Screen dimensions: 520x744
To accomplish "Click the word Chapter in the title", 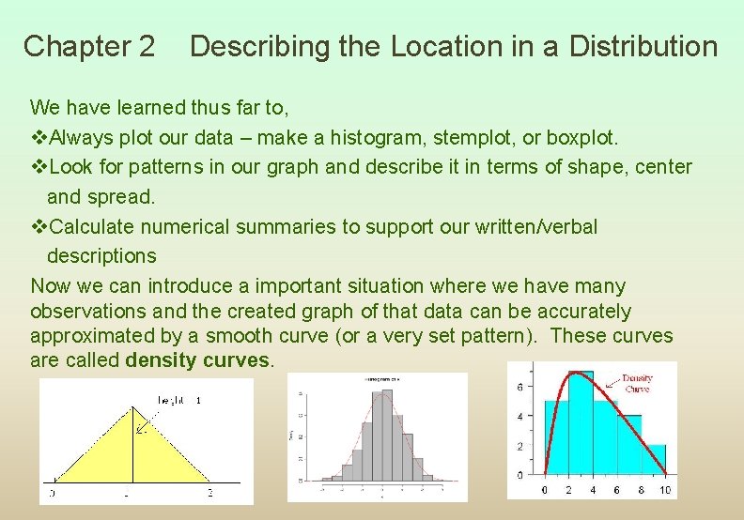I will tap(63, 46).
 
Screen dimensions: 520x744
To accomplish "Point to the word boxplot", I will tap(580, 138).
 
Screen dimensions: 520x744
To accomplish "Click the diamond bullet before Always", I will tap(39, 138).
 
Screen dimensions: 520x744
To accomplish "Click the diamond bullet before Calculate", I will tap(39, 226).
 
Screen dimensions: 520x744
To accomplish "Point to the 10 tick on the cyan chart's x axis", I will tap(665, 490).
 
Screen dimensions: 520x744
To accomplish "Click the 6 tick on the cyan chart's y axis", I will tap(533, 387).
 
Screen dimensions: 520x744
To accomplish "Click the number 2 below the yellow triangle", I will tap(209, 493).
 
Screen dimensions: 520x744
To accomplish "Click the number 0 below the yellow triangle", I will tap(52, 493).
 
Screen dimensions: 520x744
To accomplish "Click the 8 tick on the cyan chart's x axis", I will tap(641, 490).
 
